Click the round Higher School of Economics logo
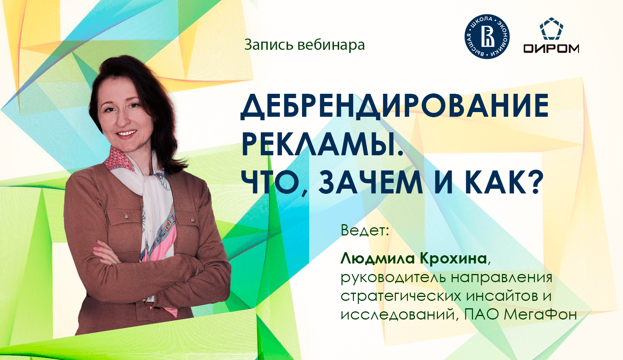point(487,37)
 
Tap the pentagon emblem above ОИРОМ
point(551,29)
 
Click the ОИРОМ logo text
point(551,48)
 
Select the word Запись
point(268,45)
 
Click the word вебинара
point(331,45)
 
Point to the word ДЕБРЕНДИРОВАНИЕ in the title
point(394,106)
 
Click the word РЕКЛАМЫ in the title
point(322,144)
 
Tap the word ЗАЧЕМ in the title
point(370,182)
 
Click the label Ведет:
point(365,230)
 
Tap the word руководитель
point(393,278)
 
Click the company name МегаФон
point(540,314)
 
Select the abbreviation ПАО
point(481,314)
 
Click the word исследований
point(397,314)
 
